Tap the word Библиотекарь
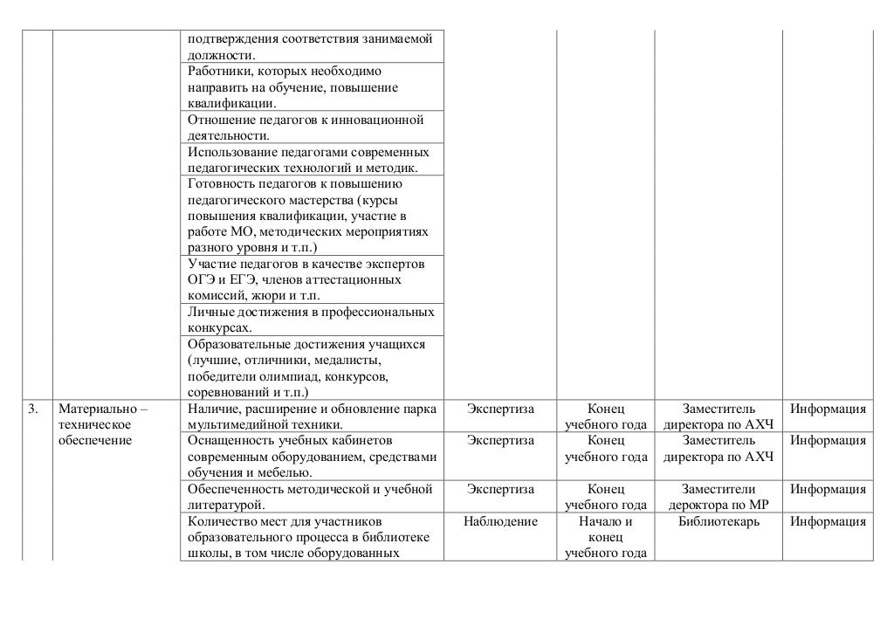click(x=718, y=521)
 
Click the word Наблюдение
click(x=501, y=521)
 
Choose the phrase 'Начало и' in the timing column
click(x=605, y=521)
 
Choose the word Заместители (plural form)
click(x=719, y=489)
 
